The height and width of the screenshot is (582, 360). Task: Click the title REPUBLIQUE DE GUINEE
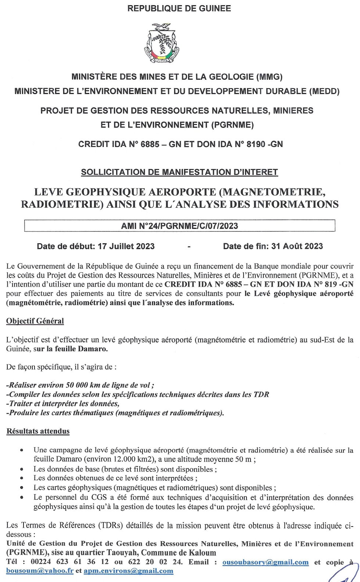(x=179, y=8)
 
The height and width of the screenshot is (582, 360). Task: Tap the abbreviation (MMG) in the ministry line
(x=270, y=77)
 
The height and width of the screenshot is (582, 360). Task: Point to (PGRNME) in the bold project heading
(x=233, y=125)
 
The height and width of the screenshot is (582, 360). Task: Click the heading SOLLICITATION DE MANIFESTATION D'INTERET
(x=179, y=172)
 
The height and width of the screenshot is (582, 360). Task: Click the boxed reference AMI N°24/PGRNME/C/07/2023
(x=179, y=226)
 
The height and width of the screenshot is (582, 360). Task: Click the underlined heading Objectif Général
(x=35, y=321)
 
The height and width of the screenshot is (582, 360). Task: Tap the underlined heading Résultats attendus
(x=38, y=431)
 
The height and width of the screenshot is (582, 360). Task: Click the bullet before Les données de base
(x=23, y=469)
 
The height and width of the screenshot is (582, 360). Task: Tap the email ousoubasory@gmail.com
(x=265, y=562)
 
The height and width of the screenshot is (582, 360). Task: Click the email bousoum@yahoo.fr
(x=40, y=571)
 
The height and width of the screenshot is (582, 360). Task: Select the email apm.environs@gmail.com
(x=128, y=571)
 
